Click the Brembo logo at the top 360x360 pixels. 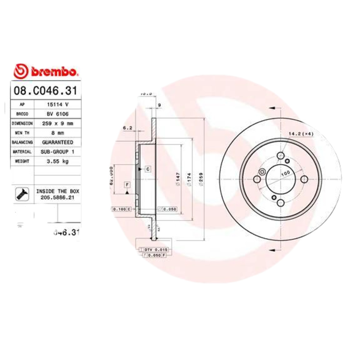46,72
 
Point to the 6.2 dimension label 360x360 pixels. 127,128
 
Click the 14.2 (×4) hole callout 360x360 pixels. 301,134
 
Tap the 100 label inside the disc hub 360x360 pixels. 285,173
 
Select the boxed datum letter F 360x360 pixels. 127,185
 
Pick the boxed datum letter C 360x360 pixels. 147,169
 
